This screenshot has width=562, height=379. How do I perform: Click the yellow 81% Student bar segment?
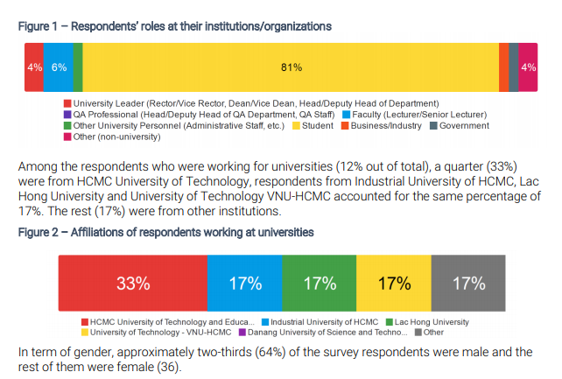click(x=291, y=67)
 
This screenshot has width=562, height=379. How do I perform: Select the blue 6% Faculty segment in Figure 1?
click(x=58, y=67)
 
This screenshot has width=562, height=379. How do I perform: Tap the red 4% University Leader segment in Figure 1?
click(x=33, y=67)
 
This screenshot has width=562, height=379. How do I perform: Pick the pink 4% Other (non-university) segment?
click(x=528, y=67)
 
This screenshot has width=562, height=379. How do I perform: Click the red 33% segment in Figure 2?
click(x=132, y=284)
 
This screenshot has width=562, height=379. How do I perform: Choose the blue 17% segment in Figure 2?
click(x=245, y=284)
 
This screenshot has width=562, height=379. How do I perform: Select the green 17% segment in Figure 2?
click(x=320, y=284)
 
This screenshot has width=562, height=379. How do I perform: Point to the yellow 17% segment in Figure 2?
click(x=394, y=284)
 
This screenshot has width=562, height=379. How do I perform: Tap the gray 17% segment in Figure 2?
click(x=468, y=284)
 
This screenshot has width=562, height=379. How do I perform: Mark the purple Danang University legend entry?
click(x=316, y=333)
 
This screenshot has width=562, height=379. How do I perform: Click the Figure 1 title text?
click(x=175, y=25)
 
